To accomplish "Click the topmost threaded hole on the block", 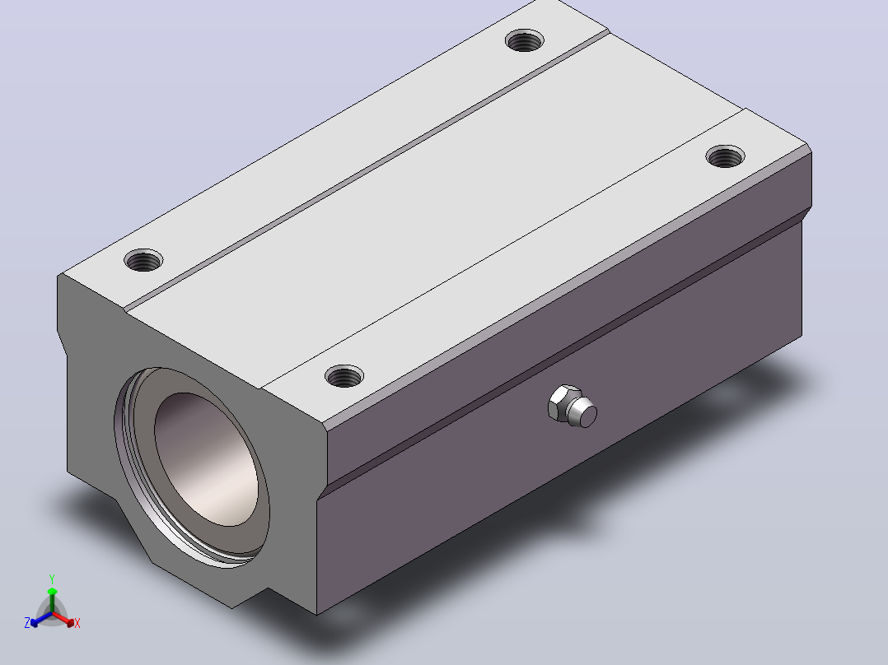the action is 525,40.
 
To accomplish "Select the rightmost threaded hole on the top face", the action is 726,156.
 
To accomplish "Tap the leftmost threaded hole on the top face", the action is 143,260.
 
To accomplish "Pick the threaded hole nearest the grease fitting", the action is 344,376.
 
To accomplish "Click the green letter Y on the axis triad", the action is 52,579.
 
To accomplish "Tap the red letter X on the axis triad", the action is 77,623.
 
